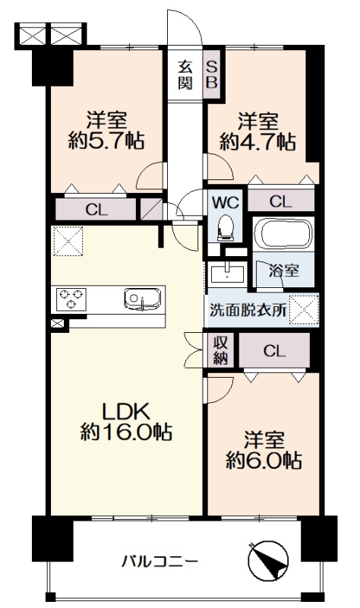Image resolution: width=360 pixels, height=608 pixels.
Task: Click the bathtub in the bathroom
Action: pos(283,234)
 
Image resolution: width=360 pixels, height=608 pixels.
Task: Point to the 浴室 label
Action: pos(284,271)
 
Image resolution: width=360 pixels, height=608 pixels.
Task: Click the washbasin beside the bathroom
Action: pos(228,274)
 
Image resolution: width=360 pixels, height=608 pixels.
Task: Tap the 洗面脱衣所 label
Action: pos(248,310)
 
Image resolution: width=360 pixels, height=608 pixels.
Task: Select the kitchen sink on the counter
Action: pos(143,299)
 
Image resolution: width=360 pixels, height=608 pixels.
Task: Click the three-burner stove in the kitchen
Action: pos(71,299)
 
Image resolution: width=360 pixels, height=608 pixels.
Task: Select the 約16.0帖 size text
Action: pos(126,432)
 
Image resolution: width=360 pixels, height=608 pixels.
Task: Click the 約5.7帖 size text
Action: pos(106,141)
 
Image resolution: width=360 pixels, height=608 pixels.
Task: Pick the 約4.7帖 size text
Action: pos(257,142)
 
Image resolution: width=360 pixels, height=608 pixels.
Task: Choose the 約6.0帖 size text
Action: pos(264,461)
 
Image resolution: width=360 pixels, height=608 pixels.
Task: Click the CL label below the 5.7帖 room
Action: pos(96,211)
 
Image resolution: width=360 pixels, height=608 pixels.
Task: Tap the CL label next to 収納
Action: pos(274,351)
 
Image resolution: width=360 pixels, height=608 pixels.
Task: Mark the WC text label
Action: pos(225,202)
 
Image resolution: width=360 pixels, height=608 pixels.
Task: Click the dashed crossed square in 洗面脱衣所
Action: pos(305,309)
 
